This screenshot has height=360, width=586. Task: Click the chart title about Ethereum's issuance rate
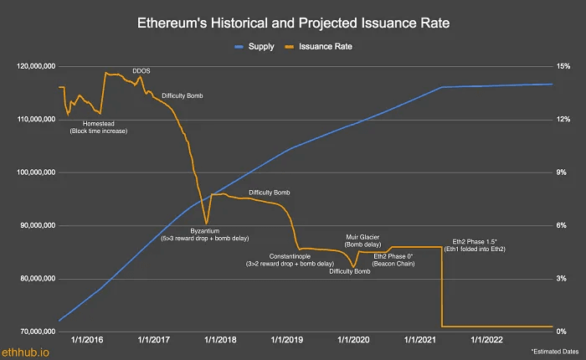click(x=292, y=23)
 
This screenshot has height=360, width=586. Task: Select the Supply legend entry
click(x=260, y=46)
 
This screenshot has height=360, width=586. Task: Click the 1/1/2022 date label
click(x=485, y=341)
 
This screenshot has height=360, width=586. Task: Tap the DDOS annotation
click(x=141, y=71)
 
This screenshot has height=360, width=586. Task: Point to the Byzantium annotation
click(x=205, y=230)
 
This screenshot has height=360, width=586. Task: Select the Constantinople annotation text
click(x=290, y=255)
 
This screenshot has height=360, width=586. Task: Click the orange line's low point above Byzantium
click(x=206, y=223)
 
